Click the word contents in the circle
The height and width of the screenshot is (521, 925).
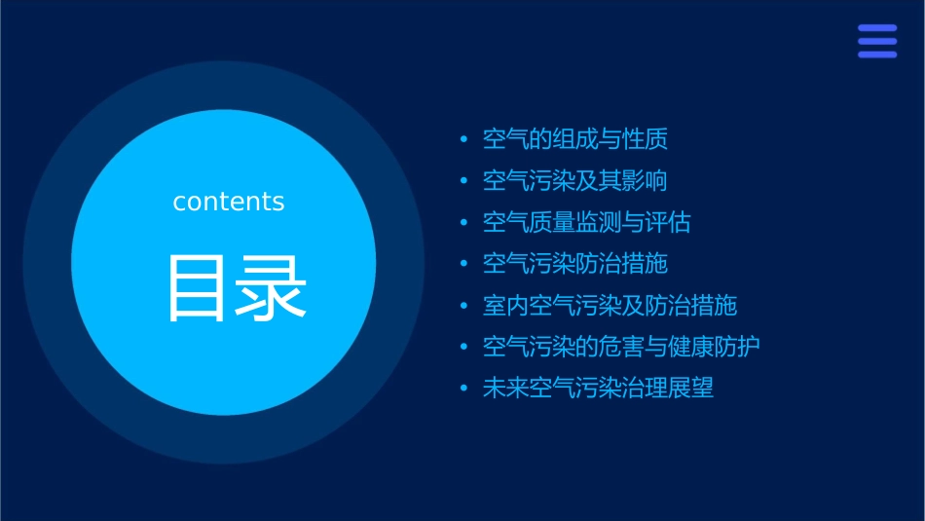pos(228,202)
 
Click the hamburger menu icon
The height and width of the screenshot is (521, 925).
pos(876,41)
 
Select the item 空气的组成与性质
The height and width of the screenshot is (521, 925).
pos(574,139)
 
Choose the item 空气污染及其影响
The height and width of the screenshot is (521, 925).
pos(574,181)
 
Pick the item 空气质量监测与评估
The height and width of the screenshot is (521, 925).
pos(586,223)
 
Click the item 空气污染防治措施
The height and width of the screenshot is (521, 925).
pos(574,264)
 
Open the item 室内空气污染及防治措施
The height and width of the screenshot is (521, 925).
pos(610,306)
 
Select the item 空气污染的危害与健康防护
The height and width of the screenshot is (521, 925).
pos(621,347)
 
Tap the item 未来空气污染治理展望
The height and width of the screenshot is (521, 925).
pos(598,389)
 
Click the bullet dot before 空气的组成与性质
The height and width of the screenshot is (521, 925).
pos(463,140)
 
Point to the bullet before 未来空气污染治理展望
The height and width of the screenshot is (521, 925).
pos(463,390)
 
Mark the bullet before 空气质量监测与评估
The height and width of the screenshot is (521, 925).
pos(463,224)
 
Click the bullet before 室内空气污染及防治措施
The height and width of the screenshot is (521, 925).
pos(463,307)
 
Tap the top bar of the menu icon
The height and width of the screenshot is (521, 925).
pos(876,28)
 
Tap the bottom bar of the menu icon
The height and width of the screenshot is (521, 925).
pos(876,55)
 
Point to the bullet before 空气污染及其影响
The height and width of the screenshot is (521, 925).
pos(463,182)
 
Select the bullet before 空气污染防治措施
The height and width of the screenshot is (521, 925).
pos(463,265)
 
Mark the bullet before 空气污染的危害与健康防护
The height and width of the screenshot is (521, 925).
pos(463,348)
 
